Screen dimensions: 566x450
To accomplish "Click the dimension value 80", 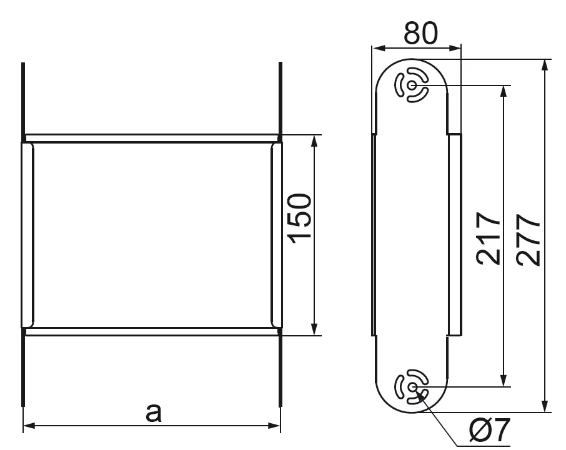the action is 420,33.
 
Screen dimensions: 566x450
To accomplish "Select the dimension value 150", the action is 299,218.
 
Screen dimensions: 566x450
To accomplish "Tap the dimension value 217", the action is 489,238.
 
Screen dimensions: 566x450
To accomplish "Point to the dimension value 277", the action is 528,240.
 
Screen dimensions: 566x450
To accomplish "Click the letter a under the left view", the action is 154,413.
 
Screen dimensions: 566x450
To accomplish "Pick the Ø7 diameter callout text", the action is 490,430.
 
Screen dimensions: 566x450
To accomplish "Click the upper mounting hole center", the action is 412,86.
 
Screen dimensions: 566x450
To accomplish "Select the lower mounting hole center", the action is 412,387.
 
